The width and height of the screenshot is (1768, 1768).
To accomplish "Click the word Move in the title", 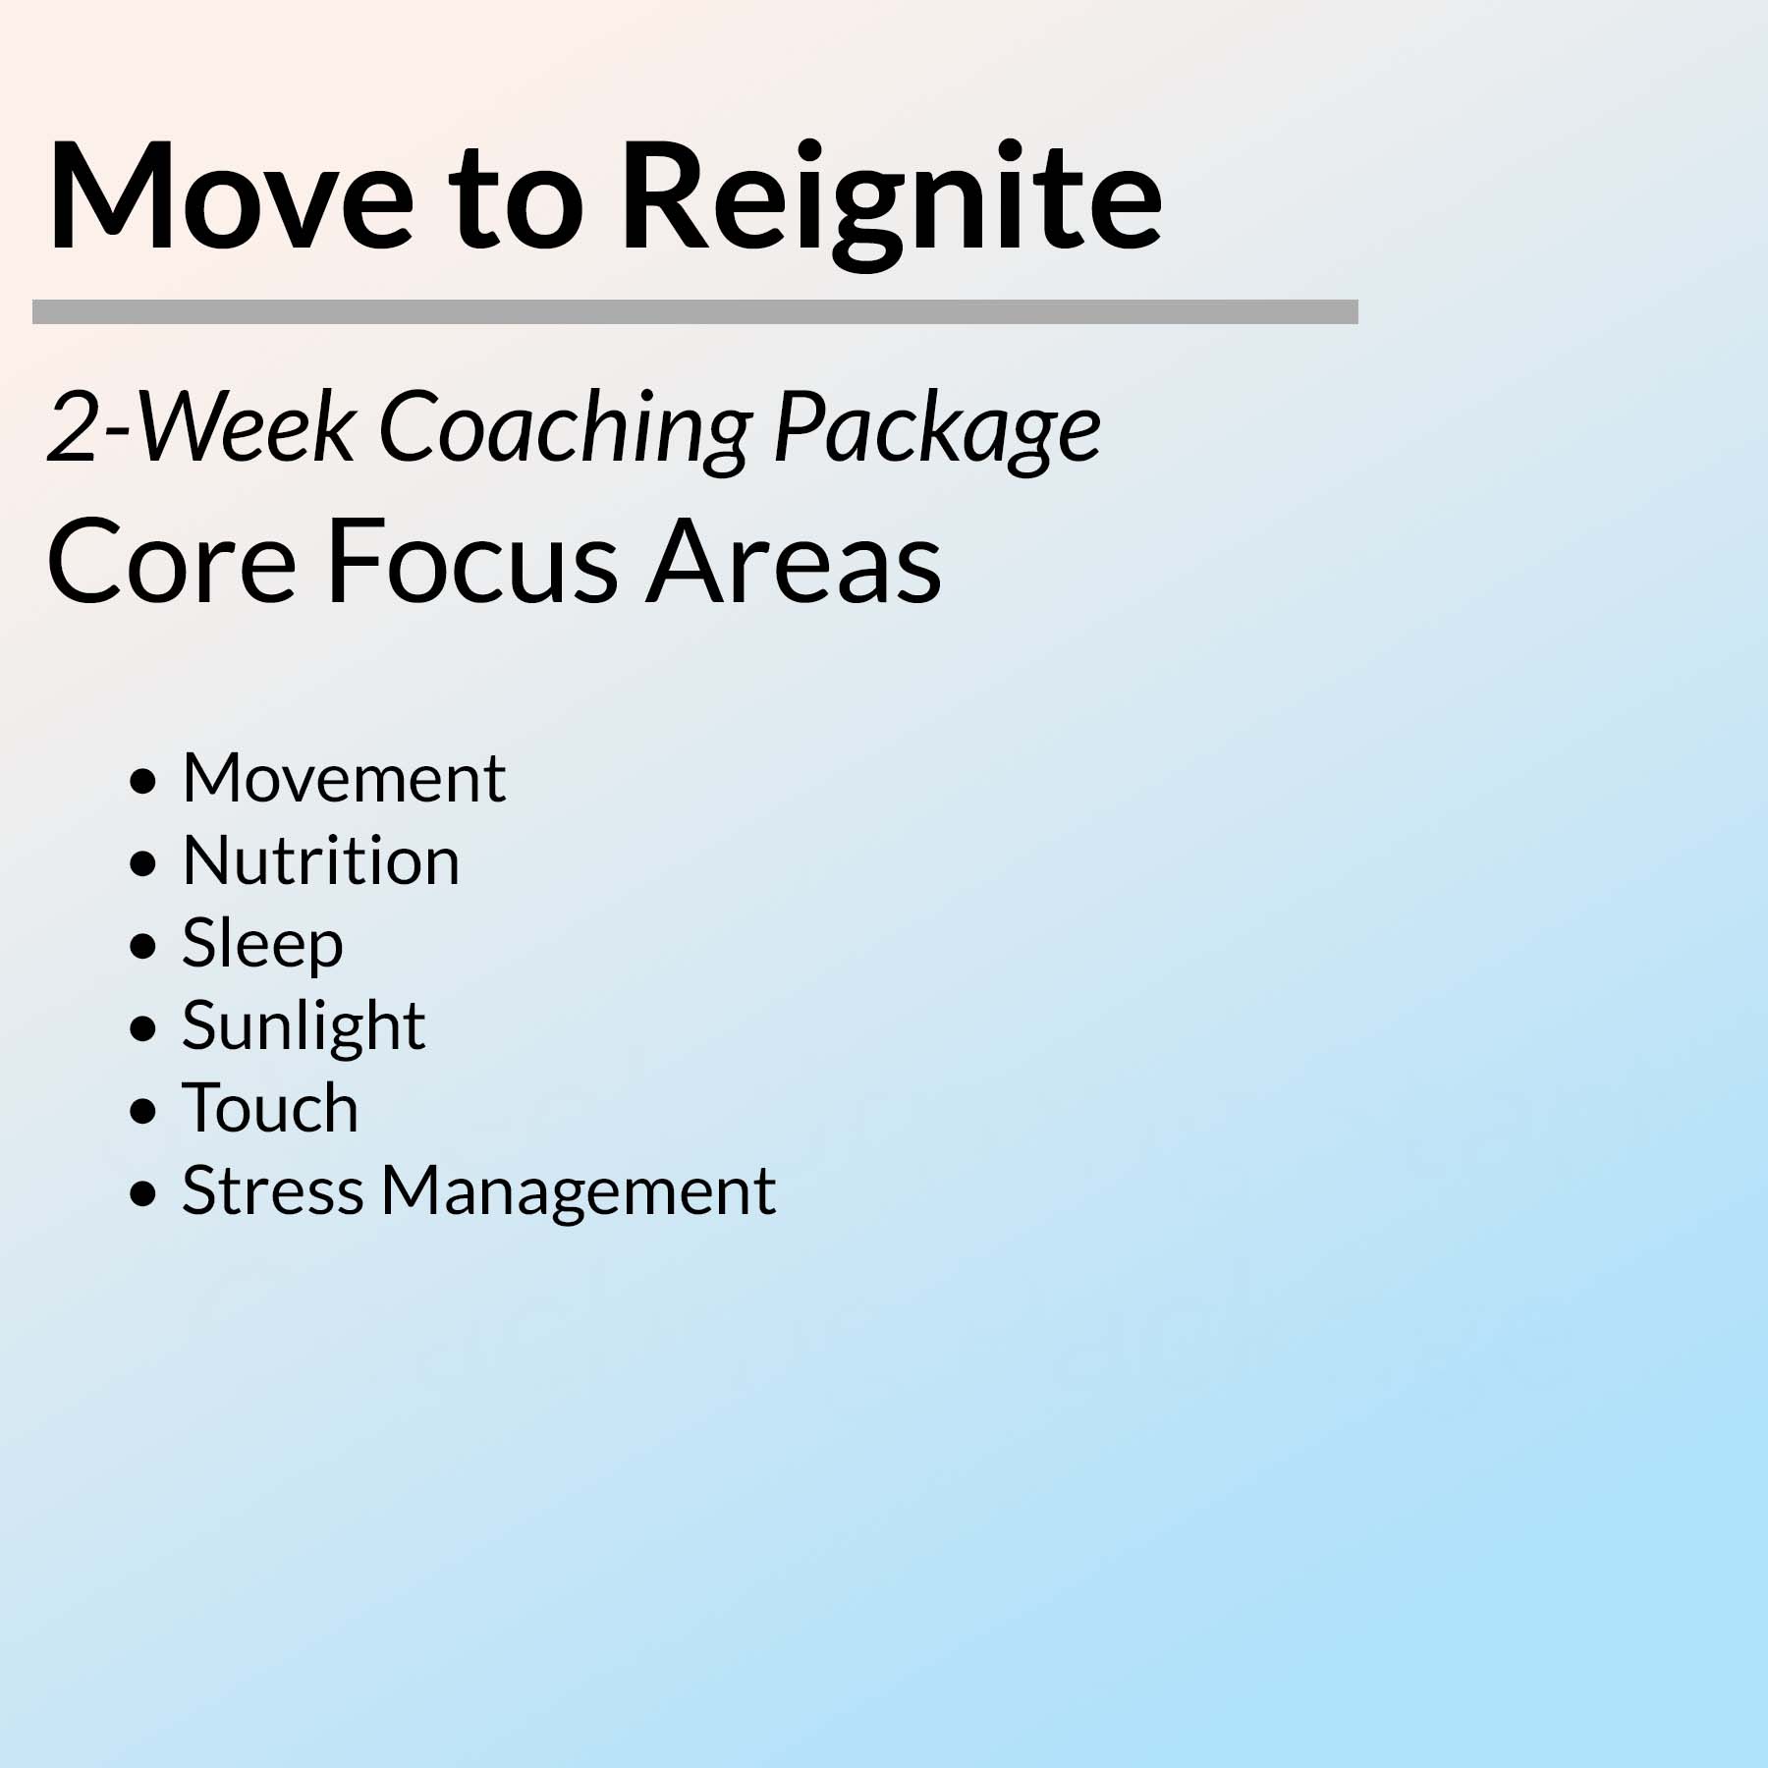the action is coord(231,195).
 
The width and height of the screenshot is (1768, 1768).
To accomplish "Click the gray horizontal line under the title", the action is coord(695,311).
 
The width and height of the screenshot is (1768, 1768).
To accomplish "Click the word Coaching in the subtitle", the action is coord(566,431).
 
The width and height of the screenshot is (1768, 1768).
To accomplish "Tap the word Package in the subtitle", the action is coord(938,431).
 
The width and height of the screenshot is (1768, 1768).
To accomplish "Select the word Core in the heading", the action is coord(171,563).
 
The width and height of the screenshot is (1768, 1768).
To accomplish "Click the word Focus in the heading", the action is coord(471,563).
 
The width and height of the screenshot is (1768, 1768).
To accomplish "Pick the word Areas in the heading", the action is coord(794,563).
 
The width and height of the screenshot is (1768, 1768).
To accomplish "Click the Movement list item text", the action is coord(344,778).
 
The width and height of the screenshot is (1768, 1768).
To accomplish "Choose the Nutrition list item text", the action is coord(321,860).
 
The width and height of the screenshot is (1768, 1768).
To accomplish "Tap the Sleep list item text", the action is coord(263,945).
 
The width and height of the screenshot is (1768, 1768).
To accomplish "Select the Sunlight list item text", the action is coord(304,1027).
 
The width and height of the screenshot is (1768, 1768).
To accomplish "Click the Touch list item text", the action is coord(270,1108).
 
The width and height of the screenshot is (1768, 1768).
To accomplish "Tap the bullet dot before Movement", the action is coord(143,782).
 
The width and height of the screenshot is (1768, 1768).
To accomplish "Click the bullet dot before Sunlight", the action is coord(143,1029).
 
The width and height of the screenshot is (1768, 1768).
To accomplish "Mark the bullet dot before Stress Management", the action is coord(143,1194).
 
